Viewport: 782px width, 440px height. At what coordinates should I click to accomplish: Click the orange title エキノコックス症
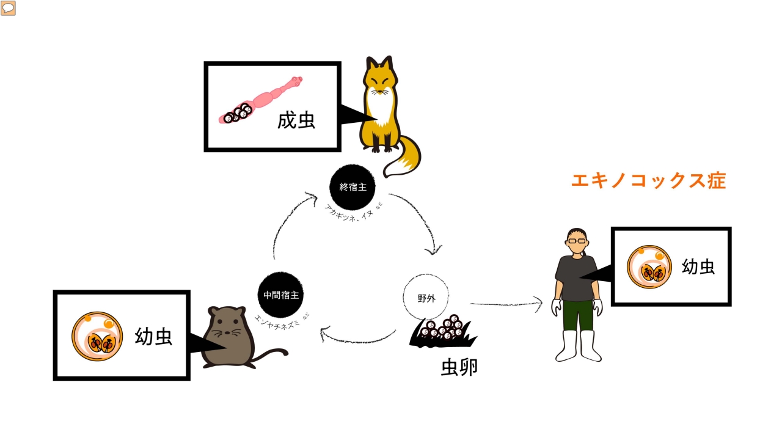(x=648, y=181)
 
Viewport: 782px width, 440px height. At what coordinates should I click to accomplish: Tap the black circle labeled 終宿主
(x=352, y=187)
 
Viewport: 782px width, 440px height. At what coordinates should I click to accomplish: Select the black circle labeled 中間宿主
(x=280, y=295)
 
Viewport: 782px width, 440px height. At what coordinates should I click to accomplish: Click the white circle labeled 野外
(x=426, y=298)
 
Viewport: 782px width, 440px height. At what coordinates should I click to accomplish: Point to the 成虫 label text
(x=296, y=120)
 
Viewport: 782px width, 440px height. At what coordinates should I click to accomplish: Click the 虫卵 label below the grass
(x=459, y=367)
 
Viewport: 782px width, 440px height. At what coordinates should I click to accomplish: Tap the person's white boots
(x=579, y=346)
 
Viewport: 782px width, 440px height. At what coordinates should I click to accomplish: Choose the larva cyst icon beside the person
(x=649, y=267)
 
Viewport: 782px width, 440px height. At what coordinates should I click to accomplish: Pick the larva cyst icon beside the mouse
(x=97, y=336)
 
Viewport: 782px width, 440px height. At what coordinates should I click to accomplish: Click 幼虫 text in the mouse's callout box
(x=153, y=336)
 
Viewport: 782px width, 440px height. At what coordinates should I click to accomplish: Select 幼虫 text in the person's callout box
(x=698, y=266)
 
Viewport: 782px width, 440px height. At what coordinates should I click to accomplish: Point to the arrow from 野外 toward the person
(x=506, y=302)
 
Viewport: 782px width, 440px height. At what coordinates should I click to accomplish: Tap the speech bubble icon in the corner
(x=8, y=8)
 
